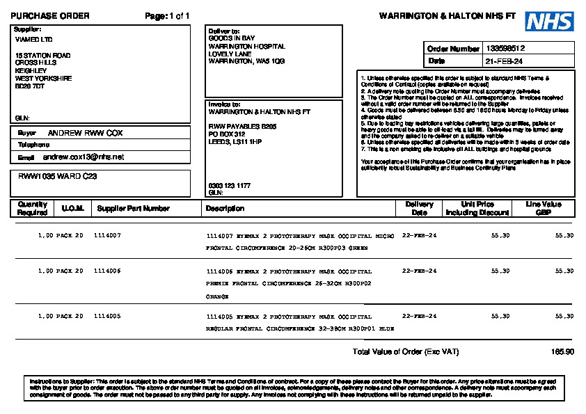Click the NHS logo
click(x=549, y=21)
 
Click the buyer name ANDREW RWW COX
click(x=85, y=132)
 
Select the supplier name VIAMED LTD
click(x=33, y=40)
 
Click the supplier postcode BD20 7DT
click(x=30, y=86)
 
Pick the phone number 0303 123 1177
click(x=228, y=185)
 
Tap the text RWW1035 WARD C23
click(x=58, y=177)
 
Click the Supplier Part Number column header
click(x=133, y=208)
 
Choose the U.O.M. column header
click(x=72, y=208)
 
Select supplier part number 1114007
click(x=107, y=236)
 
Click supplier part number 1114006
click(x=107, y=271)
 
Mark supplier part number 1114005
click(x=107, y=316)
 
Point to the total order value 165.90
click(x=562, y=352)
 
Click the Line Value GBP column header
click(x=544, y=208)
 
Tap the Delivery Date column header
click(x=419, y=208)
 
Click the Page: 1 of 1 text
click(x=167, y=16)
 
